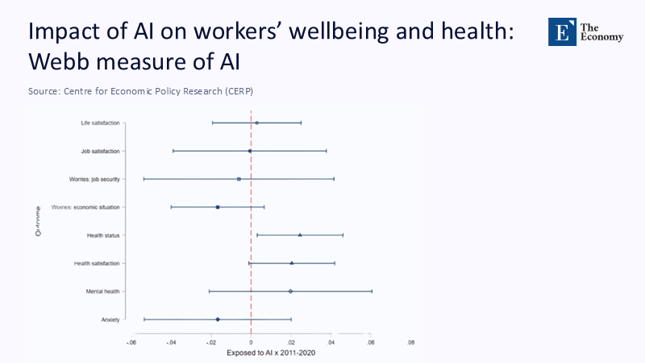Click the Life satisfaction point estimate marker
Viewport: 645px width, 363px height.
(x=256, y=123)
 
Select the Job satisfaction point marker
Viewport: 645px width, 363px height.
(x=250, y=151)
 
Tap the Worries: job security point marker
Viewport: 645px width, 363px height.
(x=239, y=179)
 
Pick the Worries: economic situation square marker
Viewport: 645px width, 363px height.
(x=218, y=207)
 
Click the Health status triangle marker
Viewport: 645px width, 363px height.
(x=300, y=235)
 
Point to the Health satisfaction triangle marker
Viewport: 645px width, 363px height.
(x=292, y=263)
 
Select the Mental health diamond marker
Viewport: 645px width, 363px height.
(x=290, y=291)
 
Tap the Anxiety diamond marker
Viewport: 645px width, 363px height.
(x=218, y=319)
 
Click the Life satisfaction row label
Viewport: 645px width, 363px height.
(x=100, y=123)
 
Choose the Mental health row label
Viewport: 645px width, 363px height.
(x=102, y=291)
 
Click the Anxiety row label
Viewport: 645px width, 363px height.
(x=110, y=319)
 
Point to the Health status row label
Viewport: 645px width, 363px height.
(x=103, y=235)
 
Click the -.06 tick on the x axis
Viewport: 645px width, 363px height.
(x=131, y=343)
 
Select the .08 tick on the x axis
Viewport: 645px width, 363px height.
(x=411, y=343)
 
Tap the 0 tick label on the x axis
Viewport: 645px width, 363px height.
(x=251, y=343)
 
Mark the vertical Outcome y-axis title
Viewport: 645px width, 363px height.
(x=38, y=221)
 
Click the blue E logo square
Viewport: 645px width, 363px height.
(x=561, y=31)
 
